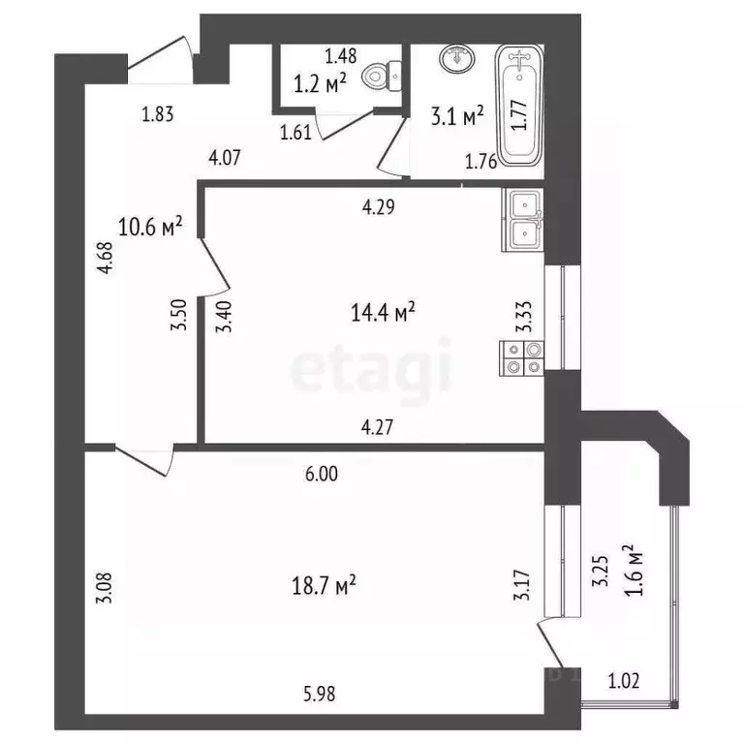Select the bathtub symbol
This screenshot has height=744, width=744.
(x=520, y=106)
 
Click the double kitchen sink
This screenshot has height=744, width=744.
(x=523, y=220)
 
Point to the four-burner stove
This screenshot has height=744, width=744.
(x=523, y=358)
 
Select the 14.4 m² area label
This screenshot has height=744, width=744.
(x=384, y=312)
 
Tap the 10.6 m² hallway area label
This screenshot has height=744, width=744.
(x=151, y=228)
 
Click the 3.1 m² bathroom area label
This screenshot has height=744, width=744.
(x=457, y=118)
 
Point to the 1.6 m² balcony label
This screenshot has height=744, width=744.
(x=636, y=573)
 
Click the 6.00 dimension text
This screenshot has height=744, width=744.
(x=322, y=475)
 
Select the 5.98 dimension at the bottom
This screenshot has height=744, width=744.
(x=322, y=694)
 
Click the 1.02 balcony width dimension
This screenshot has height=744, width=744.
(x=625, y=681)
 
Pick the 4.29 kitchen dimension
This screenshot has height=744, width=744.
(x=378, y=205)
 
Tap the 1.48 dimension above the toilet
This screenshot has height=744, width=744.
(x=340, y=55)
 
